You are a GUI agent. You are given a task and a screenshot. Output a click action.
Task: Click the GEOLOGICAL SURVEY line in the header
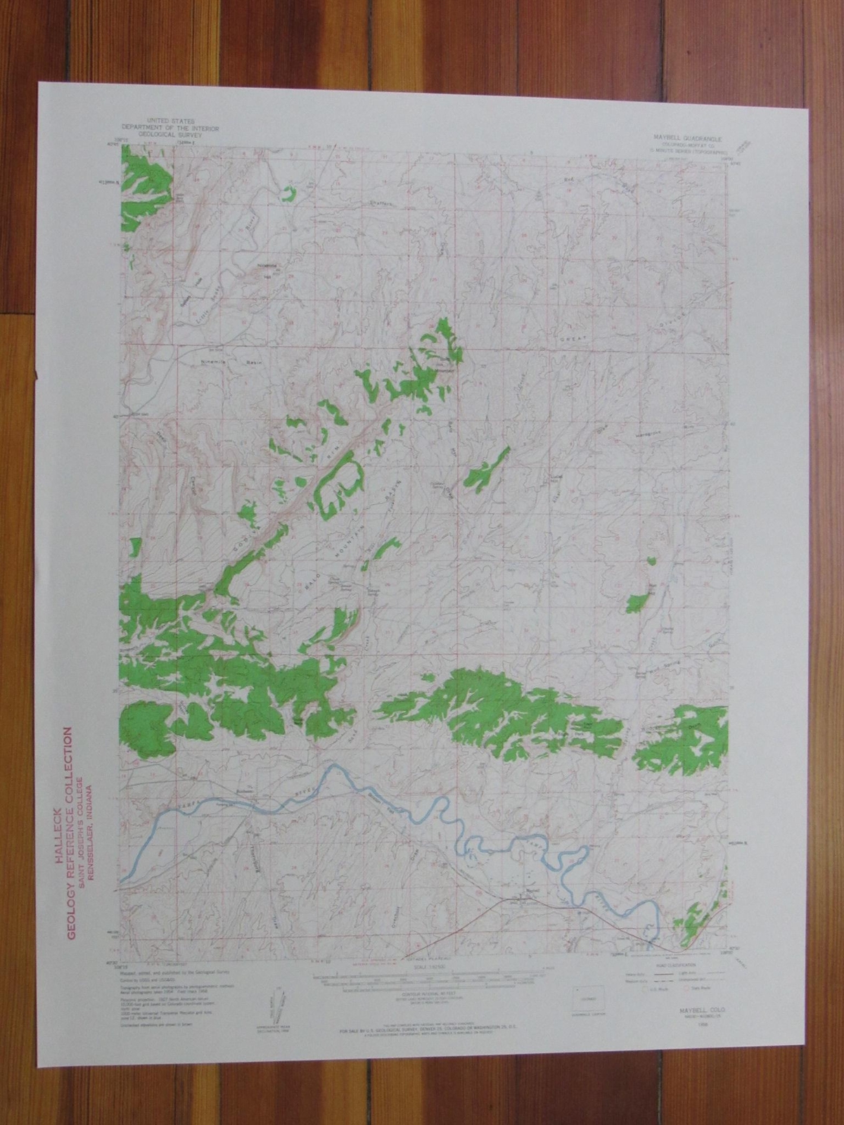tap(169, 134)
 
